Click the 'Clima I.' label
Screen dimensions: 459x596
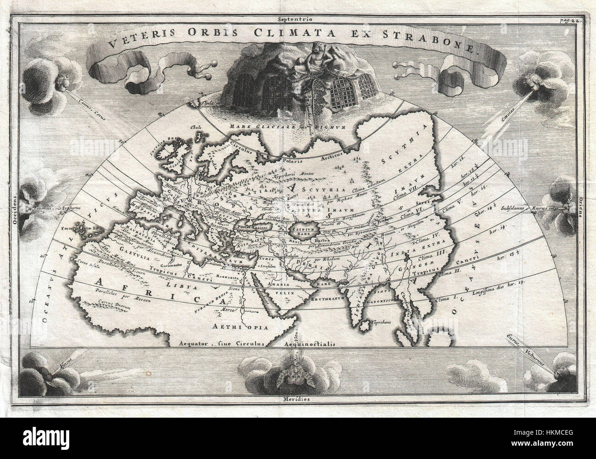coord(439,299)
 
